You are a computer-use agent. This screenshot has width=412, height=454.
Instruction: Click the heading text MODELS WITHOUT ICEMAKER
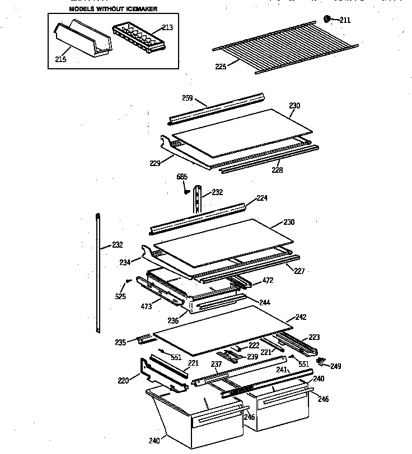(113, 9)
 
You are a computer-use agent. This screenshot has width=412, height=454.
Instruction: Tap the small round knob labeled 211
(328, 20)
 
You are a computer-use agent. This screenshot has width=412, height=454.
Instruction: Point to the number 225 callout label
(221, 67)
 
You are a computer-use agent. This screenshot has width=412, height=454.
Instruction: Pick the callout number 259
(188, 98)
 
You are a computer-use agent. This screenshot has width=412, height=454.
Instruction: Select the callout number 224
(262, 198)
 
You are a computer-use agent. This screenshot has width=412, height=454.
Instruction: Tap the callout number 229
(156, 163)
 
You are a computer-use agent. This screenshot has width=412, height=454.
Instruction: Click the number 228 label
(277, 170)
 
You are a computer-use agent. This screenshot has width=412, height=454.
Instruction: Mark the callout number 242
(301, 317)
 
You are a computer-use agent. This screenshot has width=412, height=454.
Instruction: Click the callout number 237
(216, 365)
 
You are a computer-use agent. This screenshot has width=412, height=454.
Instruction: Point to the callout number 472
(268, 280)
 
